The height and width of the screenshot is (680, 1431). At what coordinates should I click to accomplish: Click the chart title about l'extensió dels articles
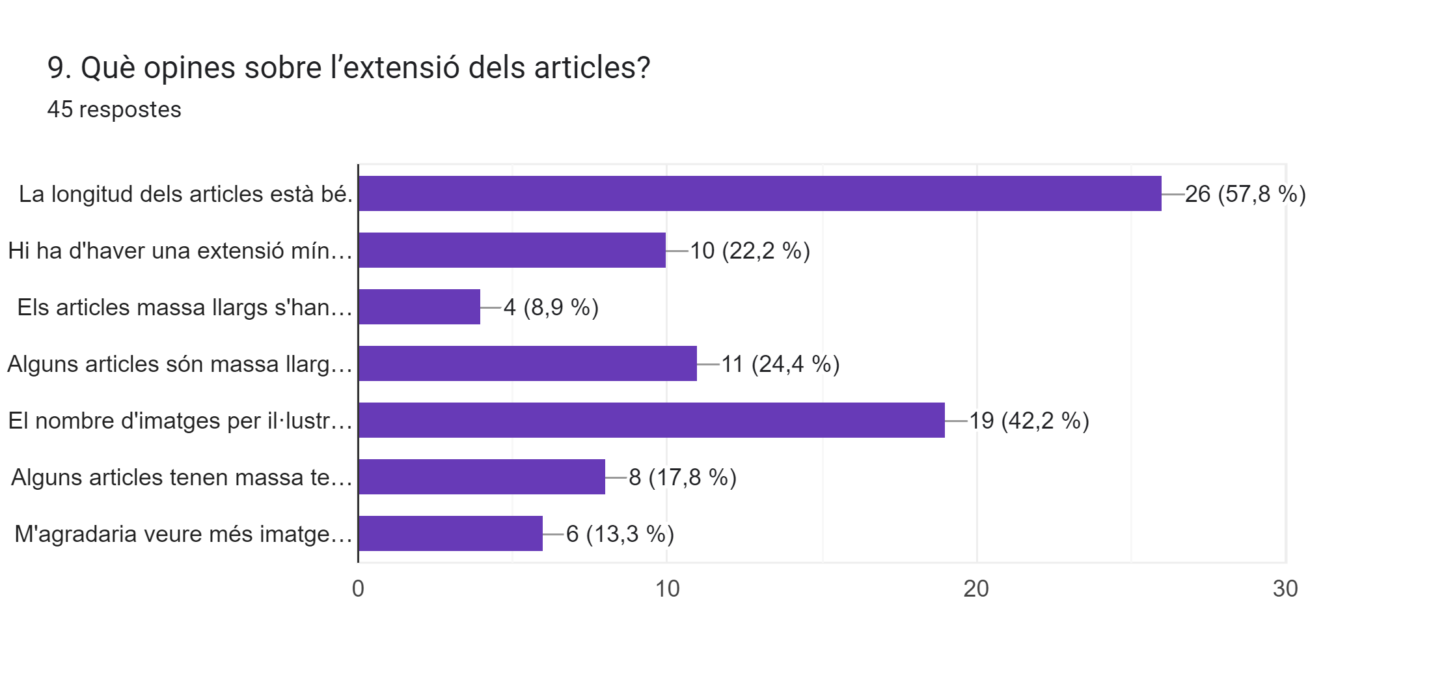349,68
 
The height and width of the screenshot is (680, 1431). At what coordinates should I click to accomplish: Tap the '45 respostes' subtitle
114,109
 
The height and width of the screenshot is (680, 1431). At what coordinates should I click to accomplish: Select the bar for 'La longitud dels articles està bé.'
759,193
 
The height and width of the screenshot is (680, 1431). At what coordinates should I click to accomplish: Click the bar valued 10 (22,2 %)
512,250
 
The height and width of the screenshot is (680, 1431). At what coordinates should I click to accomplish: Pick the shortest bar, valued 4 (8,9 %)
419,307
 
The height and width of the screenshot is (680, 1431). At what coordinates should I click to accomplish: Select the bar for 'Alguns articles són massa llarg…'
528,363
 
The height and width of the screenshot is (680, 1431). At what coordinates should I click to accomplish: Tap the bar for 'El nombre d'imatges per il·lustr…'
651,420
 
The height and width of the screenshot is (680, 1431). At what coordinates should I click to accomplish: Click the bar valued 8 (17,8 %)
482,477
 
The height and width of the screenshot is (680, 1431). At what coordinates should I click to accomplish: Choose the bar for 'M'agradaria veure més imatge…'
450,533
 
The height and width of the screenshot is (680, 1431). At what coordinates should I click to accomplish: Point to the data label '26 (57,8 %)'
1245,194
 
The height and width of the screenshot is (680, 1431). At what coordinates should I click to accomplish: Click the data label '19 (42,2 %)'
1029,421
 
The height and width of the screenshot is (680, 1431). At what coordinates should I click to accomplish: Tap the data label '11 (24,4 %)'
780,364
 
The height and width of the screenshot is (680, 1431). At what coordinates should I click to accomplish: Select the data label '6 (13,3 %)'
620,534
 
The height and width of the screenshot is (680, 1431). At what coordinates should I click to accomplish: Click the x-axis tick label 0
358,589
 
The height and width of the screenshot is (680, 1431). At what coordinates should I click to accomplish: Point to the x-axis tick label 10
667,589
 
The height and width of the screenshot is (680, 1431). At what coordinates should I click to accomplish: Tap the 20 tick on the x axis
976,589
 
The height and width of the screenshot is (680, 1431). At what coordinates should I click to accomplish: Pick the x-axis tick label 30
1285,589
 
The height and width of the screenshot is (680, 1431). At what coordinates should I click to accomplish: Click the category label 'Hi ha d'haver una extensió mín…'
180,251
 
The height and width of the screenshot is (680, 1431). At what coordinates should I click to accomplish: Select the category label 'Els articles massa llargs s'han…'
185,307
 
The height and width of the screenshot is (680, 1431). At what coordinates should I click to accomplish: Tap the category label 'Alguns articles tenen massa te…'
182,477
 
